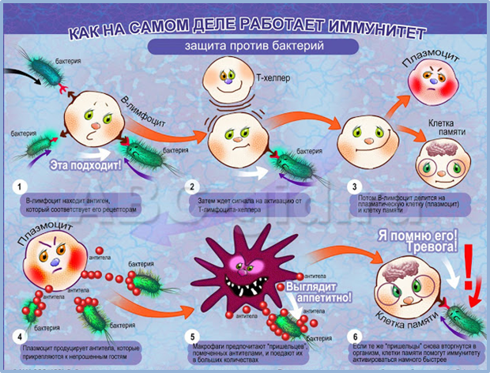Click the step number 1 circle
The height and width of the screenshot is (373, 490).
coord(17,186)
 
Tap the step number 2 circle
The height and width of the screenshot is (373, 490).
coord(191,186)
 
